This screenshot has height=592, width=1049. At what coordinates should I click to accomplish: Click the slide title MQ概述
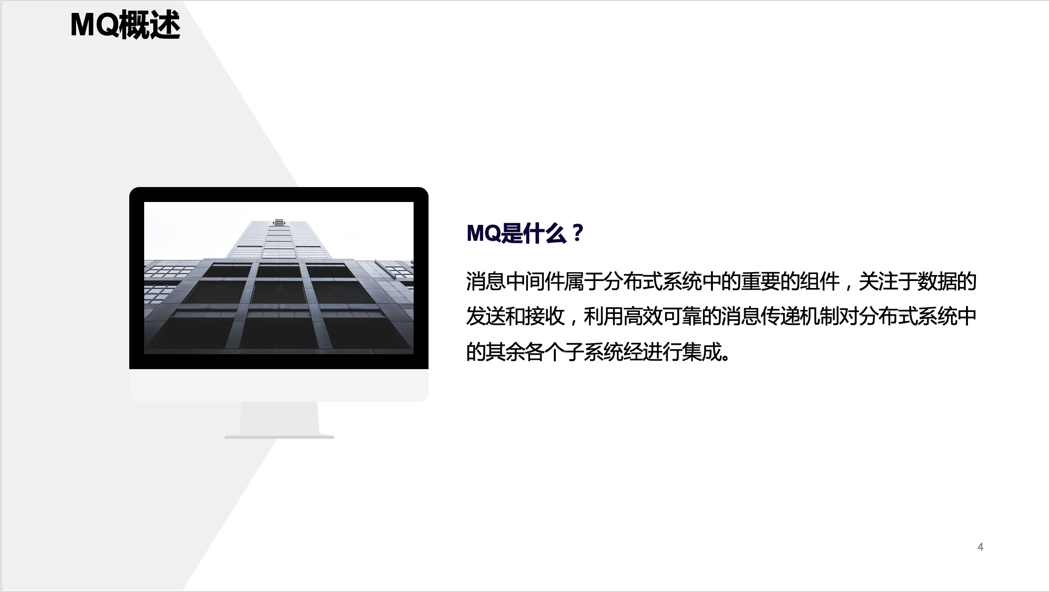125,25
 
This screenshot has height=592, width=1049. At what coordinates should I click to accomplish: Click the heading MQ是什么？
525,233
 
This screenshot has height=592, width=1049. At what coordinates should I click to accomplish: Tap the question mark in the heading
577,233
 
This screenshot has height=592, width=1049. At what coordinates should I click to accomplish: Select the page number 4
980,547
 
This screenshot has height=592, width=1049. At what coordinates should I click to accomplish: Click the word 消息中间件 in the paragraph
515,282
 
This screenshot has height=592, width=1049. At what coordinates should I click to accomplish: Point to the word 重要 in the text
760,282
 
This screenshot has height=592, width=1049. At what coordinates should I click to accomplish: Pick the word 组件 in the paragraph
819,282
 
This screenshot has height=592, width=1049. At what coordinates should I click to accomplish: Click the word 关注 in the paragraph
878,282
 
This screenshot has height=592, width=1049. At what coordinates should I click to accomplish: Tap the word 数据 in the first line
937,282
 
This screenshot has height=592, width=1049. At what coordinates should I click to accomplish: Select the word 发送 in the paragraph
486,317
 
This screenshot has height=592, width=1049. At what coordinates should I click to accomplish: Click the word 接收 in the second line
544,317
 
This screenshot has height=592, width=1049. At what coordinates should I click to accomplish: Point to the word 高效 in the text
642,317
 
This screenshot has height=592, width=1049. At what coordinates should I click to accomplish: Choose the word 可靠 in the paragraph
682,317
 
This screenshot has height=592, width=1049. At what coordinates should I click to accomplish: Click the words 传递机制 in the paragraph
799,317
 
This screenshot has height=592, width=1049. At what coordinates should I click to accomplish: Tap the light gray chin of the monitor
279,385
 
